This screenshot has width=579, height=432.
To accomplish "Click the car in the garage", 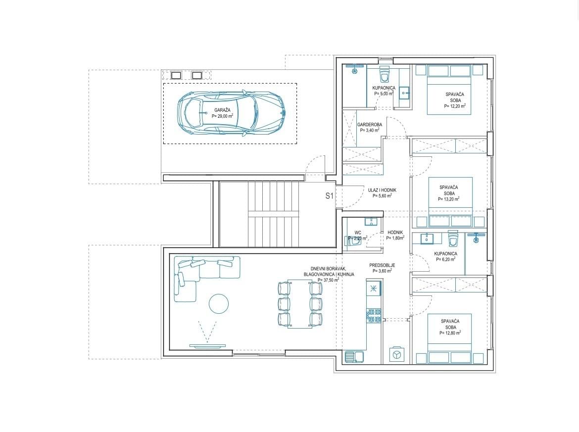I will (x=231, y=113).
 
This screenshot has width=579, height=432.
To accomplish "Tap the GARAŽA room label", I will (x=222, y=110).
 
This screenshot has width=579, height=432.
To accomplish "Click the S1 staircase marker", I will (x=329, y=196).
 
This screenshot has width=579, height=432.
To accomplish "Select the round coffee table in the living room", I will (x=218, y=303).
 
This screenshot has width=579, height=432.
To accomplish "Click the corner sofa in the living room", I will (x=203, y=272).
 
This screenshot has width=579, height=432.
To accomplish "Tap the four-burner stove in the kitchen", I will (x=373, y=316).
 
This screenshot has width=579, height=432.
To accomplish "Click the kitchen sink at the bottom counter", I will (x=355, y=356).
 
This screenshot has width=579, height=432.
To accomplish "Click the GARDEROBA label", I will (x=369, y=125).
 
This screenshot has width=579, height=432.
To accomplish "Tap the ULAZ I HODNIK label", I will (x=382, y=190).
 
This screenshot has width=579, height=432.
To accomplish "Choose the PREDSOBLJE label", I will (x=382, y=265).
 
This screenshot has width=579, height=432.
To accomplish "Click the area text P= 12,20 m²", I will (x=454, y=106).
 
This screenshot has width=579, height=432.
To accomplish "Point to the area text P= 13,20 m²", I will (x=448, y=199).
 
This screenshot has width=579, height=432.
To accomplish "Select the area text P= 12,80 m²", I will (x=450, y=333).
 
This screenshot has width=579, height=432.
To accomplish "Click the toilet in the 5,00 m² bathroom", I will (x=385, y=76).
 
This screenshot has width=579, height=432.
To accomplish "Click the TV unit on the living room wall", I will (x=207, y=345).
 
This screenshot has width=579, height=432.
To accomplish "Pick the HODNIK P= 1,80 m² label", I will (x=395, y=235).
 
